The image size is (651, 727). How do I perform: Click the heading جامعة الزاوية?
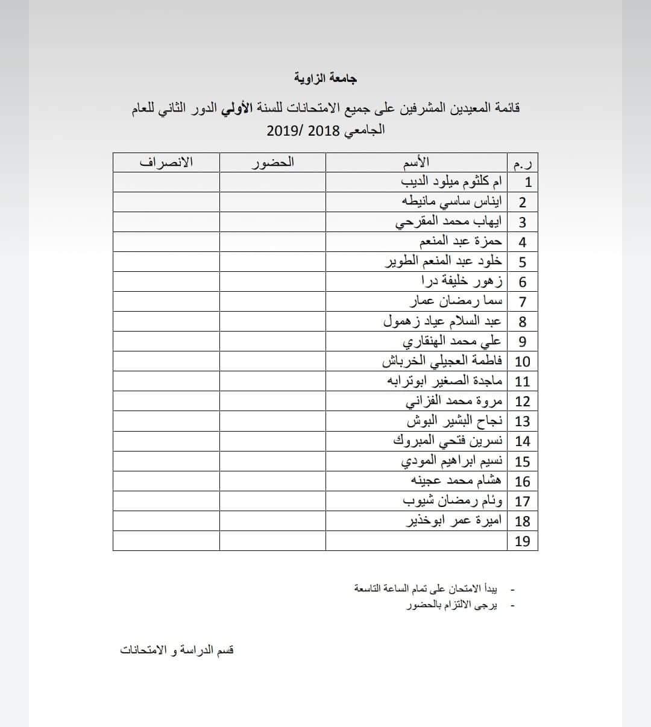tap(325, 78)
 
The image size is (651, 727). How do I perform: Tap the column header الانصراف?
tap(166, 162)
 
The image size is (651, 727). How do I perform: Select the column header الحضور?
tap(272, 162)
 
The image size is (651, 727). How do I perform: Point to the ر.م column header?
tap(523, 163)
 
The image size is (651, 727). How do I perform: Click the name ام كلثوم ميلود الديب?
tap(451, 182)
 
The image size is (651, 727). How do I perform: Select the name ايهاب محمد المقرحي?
tap(448, 222)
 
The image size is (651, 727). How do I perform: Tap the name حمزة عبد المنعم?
tap(461, 242)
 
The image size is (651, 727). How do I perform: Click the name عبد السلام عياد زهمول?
tap(442, 321)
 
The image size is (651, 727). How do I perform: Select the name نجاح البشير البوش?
tap(454, 421)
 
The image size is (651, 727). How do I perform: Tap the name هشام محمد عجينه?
tap(456, 480)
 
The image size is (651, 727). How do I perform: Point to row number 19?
tap(523, 541)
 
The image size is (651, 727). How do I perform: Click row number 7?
tap(523, 301)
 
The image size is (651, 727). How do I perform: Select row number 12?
tap(523, 401)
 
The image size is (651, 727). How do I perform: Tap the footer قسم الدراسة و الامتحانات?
tap(177, 650)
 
